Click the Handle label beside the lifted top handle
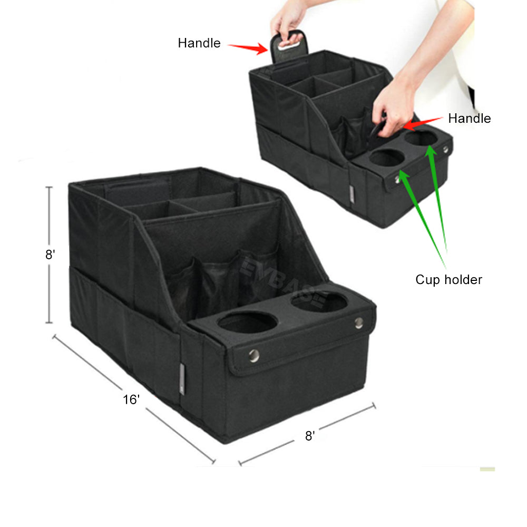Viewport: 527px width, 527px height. pos(199,43)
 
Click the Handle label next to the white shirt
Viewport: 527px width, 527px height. pos(469,118)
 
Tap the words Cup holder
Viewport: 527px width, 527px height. pos(448,280)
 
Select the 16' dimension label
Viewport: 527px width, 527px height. pos(131,399)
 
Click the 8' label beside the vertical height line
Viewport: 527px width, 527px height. pos(50,255)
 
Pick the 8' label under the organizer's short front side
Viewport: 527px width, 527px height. pos(310,436)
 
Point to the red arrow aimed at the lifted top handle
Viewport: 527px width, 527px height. pos(248,48)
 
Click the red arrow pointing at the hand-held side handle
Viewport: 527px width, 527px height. pos(423,124)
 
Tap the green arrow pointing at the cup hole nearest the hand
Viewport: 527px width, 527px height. pos(437,198)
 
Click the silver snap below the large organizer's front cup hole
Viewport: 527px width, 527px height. pos(254,355)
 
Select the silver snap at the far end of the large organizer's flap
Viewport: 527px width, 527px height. pos(358,323)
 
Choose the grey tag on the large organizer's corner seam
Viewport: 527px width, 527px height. pos(182,378)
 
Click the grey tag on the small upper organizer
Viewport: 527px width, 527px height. pos(351,194)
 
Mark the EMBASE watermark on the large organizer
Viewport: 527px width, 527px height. pos(283,282)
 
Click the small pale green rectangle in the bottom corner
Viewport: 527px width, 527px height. pos(487,469)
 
